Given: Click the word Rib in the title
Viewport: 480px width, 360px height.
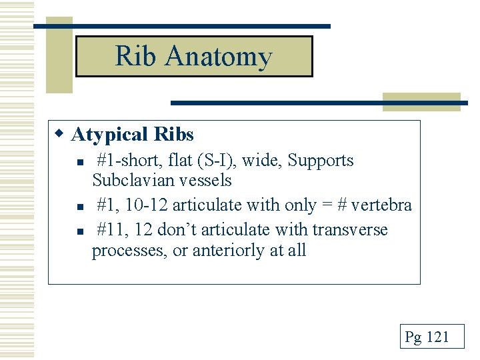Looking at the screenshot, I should coord(136,56).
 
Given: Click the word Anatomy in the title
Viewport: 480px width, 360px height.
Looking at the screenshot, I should coord(219,57).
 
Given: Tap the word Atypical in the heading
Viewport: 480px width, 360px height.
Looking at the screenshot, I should coord(109,135).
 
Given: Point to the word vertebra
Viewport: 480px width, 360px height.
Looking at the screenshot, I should coord(382,205).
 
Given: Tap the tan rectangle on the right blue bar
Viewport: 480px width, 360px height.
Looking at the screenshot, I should coord(421,101).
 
